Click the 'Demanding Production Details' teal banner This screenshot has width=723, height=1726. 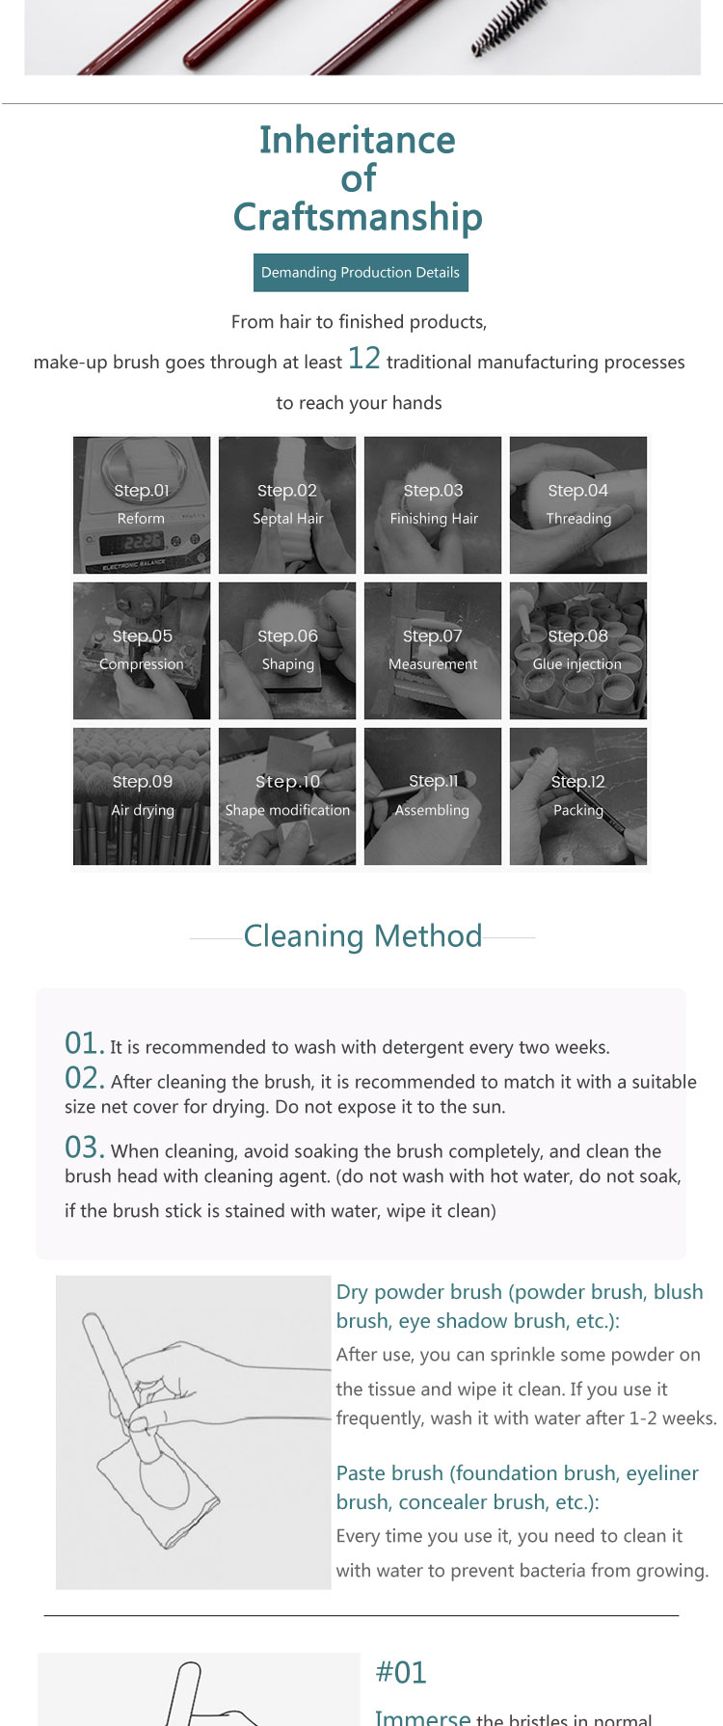coord(361,272)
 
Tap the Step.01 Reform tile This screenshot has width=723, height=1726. coord(142,505)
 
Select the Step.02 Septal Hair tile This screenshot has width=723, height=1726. coord(287,505)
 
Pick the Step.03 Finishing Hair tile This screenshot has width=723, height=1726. coord(433,505)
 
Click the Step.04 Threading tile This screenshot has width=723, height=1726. coord(578,505)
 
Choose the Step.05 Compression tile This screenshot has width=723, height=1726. coord(142,651)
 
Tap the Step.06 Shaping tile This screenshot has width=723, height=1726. coord(287,651)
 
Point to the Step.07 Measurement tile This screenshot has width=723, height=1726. coord(433,651)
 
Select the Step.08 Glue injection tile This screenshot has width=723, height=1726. coord(578,651)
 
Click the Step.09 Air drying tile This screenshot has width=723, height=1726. coord(142,796)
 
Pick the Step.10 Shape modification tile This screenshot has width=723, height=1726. coord(287,796)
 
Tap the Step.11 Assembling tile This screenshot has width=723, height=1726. coord(433,796)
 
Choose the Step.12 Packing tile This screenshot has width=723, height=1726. coord(578,796)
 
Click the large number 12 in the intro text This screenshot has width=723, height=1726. coord(364,359)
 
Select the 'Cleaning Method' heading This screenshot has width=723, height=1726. coord(362,936)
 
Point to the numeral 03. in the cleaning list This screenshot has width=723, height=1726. coord(85,1147)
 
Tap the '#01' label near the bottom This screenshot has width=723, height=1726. coord(401,1672)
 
